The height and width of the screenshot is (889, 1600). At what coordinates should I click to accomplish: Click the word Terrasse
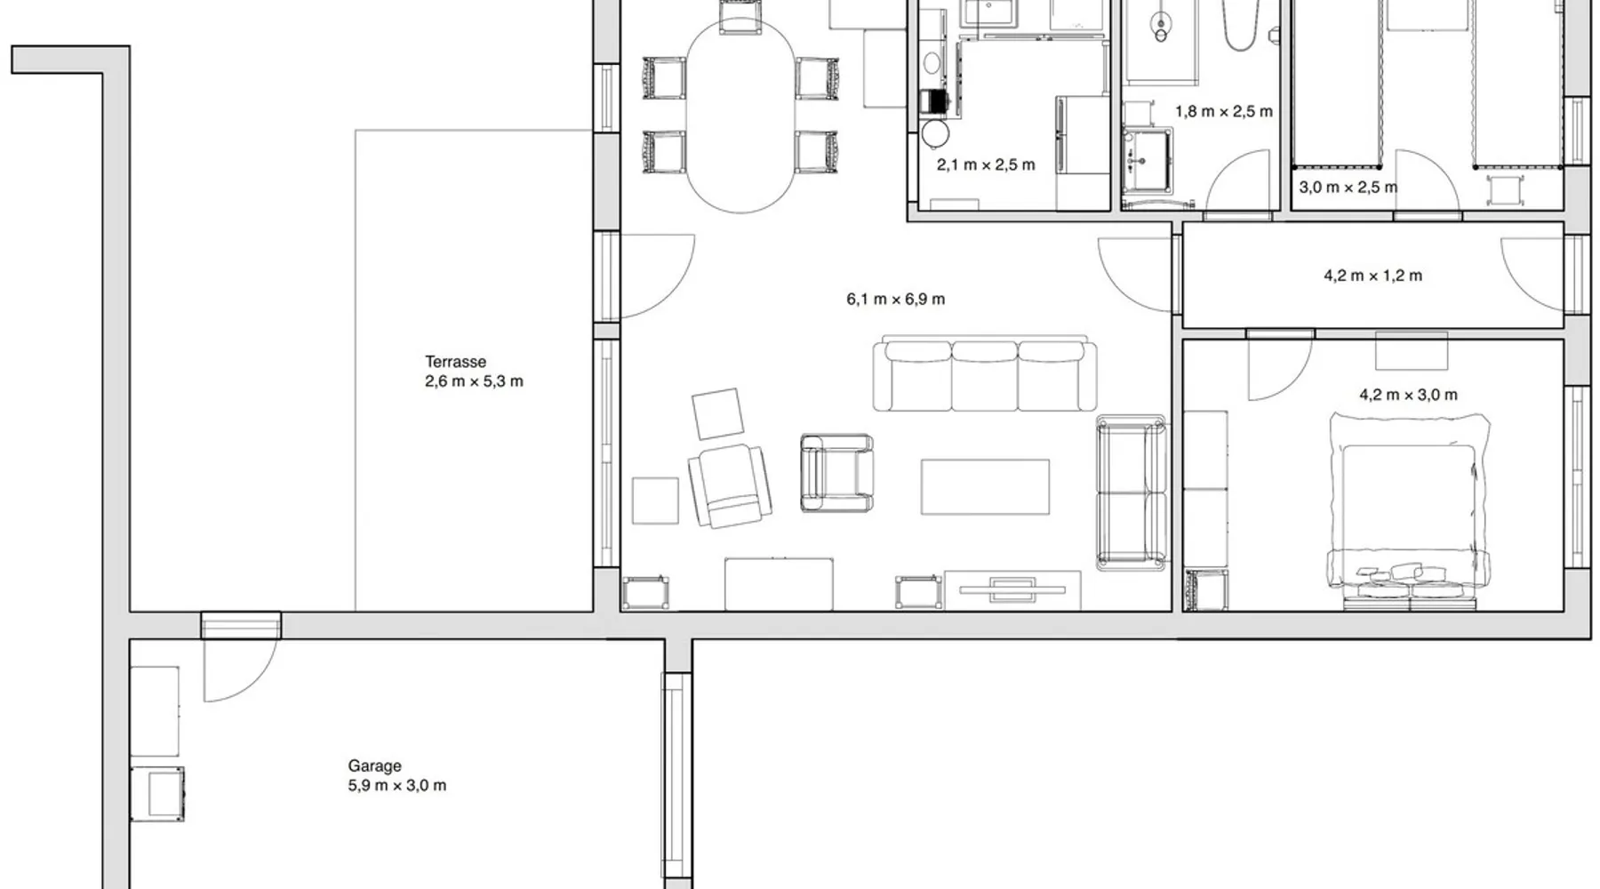[x=455, y=362]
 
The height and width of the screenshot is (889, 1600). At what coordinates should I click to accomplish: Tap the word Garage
[x=374, y=766]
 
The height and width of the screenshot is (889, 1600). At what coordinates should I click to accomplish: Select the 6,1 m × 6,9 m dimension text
[x=896, y=300]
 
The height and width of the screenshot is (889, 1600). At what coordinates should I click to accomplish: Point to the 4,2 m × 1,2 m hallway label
[x=1372, y=276]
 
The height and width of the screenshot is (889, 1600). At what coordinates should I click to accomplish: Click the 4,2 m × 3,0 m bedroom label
[x=1408, y=395]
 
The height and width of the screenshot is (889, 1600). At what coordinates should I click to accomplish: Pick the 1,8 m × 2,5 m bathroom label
[x=1224, y=112]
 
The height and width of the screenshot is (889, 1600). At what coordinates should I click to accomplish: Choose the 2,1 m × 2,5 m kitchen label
[x=986, y=165]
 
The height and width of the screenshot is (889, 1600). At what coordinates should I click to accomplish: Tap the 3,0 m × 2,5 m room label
[x=1348, y=188]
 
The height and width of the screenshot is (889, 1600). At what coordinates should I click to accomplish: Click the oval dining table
[x=740, y=116]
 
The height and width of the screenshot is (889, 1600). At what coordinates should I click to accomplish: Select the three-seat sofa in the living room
[x=985, y=374]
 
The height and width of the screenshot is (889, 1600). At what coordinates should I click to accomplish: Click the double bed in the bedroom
[x=1409, y=513]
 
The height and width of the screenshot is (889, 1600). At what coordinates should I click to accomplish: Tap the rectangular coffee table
[x=985, y=486]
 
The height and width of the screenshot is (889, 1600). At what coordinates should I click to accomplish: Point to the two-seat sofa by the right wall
[x=1131, y=493]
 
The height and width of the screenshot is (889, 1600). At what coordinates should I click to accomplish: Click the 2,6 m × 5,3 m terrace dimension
[x=474, y=382]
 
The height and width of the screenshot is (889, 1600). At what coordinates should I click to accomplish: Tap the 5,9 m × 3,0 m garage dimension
[x=397, y=786]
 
